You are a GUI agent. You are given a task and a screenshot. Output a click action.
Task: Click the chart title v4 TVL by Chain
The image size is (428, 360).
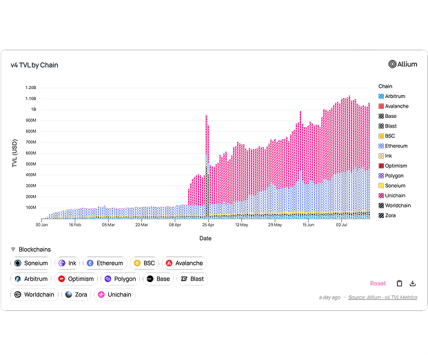tap(34, 66)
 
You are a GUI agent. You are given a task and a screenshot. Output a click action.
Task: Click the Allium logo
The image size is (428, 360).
tap(402, 65)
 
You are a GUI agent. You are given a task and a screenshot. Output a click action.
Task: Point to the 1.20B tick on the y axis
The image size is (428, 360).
tap(30, 88)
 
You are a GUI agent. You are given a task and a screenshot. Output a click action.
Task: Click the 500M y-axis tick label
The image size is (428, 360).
tap(30, 164)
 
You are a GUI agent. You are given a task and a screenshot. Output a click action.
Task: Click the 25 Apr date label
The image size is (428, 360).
tap(208, 224)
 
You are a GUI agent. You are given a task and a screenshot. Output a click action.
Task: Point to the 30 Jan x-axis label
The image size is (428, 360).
tap(42, 224)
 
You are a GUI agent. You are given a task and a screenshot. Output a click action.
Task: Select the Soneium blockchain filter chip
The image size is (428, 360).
tap(32, 263)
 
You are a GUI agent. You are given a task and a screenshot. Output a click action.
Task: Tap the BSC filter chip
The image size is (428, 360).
tap(144, 263)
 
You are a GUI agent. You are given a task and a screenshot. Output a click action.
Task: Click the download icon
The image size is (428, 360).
tap(413, 283)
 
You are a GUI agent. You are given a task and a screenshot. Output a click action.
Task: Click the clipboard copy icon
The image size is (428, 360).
tap(399, 283)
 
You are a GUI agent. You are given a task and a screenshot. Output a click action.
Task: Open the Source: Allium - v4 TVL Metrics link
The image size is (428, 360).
tap(383, 297)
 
